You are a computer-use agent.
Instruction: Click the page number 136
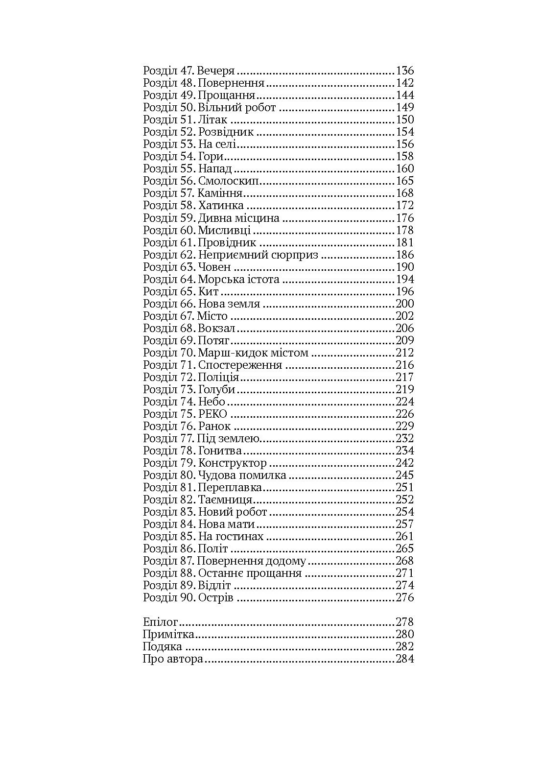404,71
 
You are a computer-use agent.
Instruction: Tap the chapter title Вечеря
216,71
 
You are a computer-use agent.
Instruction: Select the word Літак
212,119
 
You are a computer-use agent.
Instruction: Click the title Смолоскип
228,181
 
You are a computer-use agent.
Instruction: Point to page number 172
404,206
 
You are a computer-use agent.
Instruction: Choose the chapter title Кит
209,291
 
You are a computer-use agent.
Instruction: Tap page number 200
404,304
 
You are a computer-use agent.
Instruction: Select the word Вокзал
217,328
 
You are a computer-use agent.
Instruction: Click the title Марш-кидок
229,353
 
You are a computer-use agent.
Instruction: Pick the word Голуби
216,389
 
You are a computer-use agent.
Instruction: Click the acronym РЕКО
213,414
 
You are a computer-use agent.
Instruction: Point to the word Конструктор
232,463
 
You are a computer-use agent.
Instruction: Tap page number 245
404,475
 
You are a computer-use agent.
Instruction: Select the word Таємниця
225,499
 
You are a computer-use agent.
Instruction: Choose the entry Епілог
160,622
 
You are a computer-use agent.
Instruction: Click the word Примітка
168,635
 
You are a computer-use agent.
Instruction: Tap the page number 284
404,659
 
